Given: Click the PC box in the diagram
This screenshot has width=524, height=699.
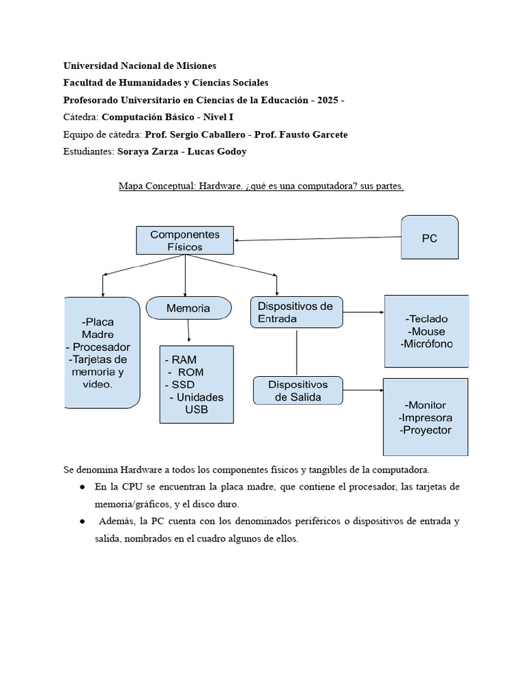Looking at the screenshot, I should coord(429,238).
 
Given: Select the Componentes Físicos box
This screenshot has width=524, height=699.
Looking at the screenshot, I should coord(185,240).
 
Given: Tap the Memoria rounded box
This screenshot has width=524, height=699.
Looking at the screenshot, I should coord(188,309).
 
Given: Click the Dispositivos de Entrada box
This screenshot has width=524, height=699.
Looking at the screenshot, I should coord(296,312).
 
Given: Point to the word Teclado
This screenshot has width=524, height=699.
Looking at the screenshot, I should coord(428,319).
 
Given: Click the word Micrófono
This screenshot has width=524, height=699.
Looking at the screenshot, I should coord(426,344).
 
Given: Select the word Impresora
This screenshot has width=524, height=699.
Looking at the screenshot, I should coord(425,417).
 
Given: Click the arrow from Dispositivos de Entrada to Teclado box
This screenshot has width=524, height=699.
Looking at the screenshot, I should coord(363,313).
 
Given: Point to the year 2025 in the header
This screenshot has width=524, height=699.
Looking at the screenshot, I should coord(324,100).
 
